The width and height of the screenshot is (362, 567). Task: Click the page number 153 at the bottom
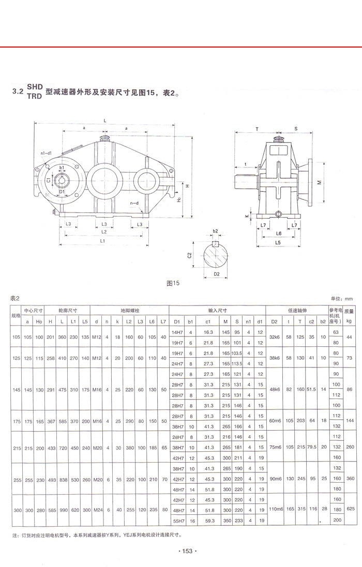(187, 551)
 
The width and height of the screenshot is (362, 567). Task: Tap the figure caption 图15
(173, 283)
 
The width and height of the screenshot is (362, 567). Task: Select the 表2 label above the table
(14, 298)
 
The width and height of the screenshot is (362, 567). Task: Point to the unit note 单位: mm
(341, 299)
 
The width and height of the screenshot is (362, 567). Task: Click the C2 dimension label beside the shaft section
(190, 255)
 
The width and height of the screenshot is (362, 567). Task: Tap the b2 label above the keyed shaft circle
(215, 231)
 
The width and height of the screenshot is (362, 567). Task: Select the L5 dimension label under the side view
(278, 242)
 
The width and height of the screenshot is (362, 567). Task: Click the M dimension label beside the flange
(319, 182)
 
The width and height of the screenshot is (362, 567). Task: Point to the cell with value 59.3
(209, 519)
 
